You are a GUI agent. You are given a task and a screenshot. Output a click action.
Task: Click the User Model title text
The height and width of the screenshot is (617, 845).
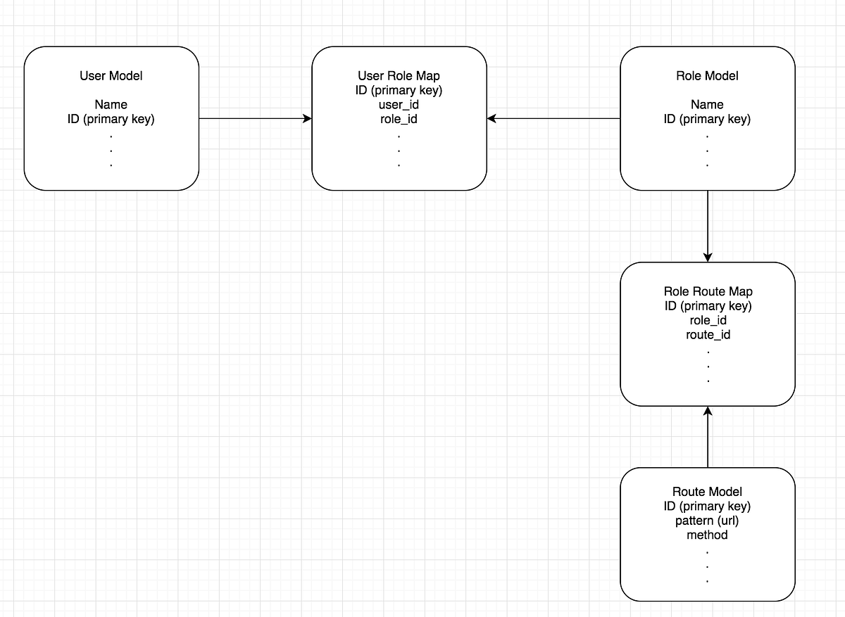tap(111, 76)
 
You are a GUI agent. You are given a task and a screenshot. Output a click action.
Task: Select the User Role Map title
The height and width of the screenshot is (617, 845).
tap(399, 76)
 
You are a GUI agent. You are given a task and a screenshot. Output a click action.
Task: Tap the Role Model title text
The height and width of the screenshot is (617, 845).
tap(707, 76)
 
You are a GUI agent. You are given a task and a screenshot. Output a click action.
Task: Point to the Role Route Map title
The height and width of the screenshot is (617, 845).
tap(708, 291)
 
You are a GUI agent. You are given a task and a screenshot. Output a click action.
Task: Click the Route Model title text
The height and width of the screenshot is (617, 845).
tap(707, 492)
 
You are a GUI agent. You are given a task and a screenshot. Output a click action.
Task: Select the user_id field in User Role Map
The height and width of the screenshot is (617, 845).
tap(399, 105)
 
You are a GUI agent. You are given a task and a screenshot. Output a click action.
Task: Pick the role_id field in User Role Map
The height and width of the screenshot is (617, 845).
tap(399, 119)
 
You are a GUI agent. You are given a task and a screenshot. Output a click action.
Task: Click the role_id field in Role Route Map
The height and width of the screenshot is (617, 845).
tap(708, 320)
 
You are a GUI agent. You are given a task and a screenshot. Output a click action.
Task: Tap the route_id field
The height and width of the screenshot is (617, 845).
tap(708, 335)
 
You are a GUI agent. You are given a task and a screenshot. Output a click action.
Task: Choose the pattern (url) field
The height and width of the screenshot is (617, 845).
tap(707, 521)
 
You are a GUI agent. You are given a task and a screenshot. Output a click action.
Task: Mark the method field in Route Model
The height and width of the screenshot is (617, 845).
tap(707, 535)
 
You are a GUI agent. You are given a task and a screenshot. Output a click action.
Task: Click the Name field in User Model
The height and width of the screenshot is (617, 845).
tap(111, 105)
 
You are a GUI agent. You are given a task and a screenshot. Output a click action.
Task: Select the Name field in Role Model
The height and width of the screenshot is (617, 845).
tap(707, 105)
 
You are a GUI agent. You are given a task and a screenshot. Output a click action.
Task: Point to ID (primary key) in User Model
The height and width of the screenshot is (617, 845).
tap(111, 119)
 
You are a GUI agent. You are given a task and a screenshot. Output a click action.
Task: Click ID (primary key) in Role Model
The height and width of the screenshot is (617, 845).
tap(707, 119)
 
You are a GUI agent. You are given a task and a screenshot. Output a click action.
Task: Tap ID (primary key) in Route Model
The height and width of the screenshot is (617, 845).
tap(707, 506)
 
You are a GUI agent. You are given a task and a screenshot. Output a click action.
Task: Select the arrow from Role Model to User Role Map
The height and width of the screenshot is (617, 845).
tap(553, 119)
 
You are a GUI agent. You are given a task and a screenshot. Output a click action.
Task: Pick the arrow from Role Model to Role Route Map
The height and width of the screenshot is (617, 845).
tap(708, 226)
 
